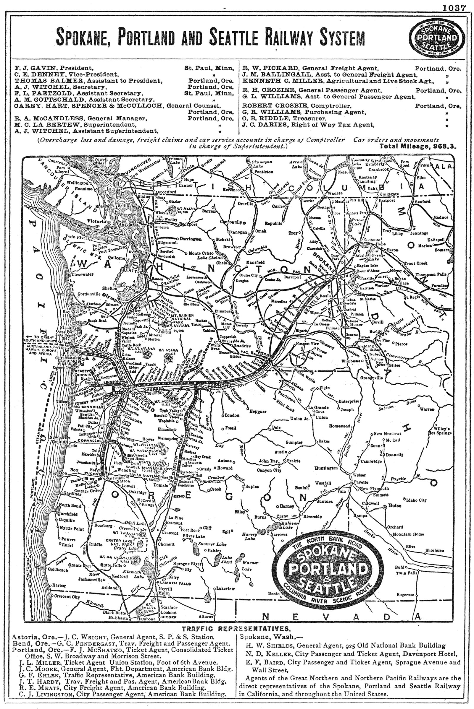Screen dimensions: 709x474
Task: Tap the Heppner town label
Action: point(257,411)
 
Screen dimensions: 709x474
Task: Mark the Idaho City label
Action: point(417,500)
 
